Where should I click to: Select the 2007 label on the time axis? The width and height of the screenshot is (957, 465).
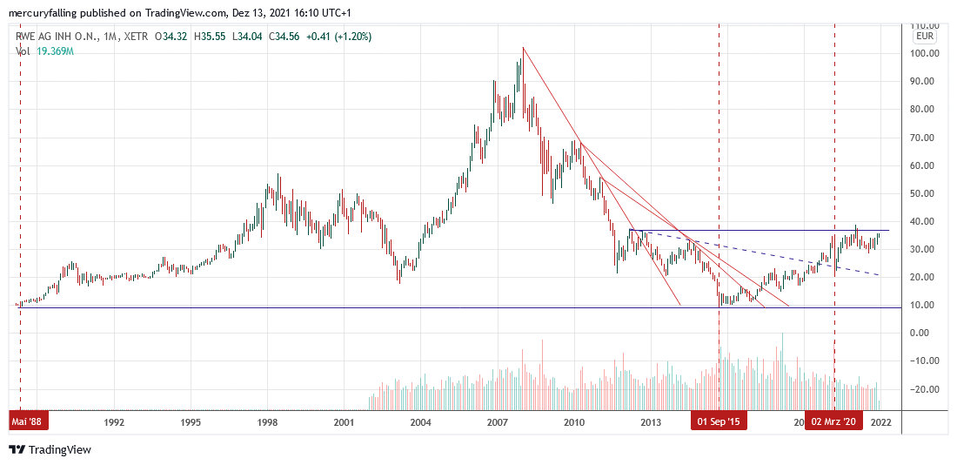pyautogui.click(x=497, y=422)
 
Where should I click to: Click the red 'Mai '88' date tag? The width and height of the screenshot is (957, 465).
pyautogui.click(x=30, y=422)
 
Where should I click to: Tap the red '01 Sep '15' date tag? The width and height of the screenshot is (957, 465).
pyautogui.click(x=719, y=422)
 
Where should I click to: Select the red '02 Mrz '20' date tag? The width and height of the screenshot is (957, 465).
pyautogui.click(x=833, y=422)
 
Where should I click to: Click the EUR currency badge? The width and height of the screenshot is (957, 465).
pyautogui.click(x=925, y=37)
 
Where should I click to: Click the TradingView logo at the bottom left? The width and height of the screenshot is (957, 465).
pyautogui.click(x=50, y=449)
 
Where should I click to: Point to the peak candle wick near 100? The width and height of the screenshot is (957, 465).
pyautogui.click(x=523, y=50)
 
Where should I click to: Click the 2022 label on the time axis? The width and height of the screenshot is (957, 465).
pyautogui.click(x=880, y=422)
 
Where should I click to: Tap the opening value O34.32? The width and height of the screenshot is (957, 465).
pyautogui.click(x=177, y=37)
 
